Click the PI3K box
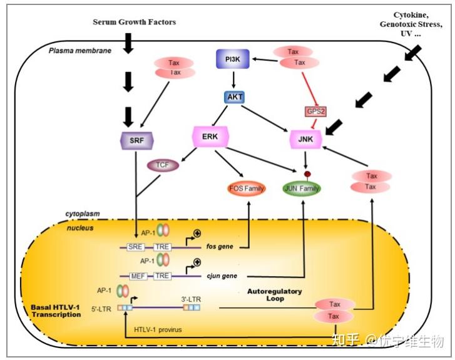click(233, 59)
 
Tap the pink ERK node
click(210, 136)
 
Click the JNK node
click(305, 138)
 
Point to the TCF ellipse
click(163, 166)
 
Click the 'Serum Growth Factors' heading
click(135, 22)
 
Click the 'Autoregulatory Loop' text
click(275, 295)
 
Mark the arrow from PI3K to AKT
click(233, 79)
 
